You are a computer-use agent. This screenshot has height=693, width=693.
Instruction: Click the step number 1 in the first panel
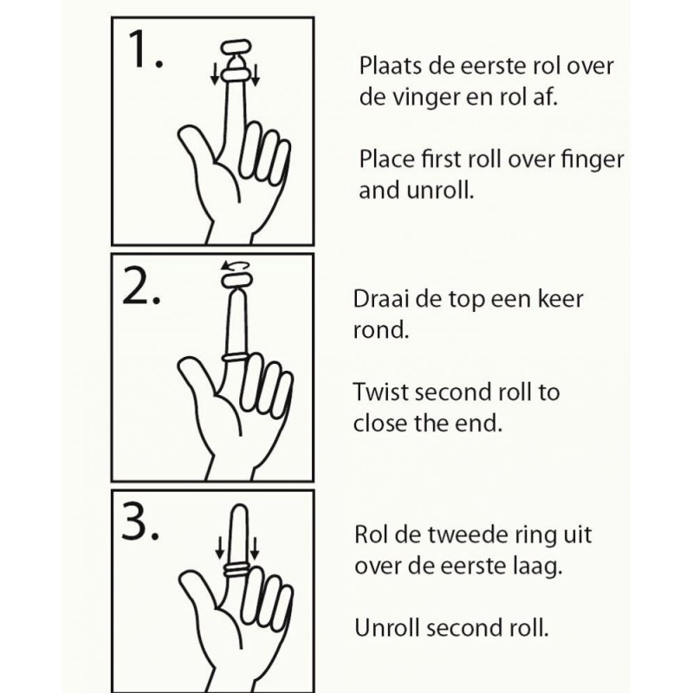[145, 52]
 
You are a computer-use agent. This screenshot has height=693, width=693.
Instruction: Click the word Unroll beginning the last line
[386, 628]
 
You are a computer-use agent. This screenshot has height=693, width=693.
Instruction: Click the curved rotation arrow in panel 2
[231, 266]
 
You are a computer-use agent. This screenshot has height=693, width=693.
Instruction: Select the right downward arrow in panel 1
[256, 77]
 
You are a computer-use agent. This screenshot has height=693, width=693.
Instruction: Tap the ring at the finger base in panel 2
[236, 355]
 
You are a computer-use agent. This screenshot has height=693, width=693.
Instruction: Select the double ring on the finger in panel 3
[236, 568]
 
